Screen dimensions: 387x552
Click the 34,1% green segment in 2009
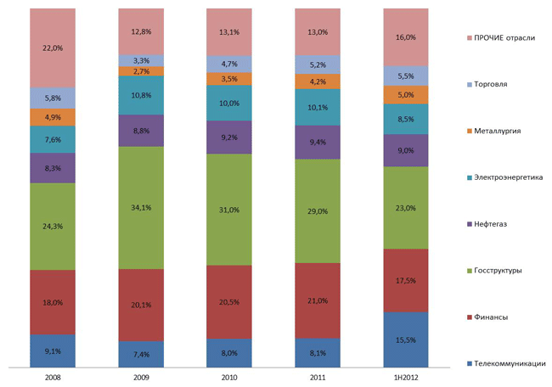[x=141, y=207]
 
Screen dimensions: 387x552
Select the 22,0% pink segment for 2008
[x=53, y=48]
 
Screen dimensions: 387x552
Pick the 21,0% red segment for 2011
[x=318, y=300]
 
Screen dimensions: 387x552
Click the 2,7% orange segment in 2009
[x=141, y=71]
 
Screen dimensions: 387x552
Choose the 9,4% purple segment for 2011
[x=318, y=143]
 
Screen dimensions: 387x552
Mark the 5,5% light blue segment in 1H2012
[x=406, y=76]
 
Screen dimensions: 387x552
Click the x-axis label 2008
[x=53, y=376]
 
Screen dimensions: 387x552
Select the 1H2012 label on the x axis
[x=406, y=376]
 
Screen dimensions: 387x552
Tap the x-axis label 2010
[x=229, y=376]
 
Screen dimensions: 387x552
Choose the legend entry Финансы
[x=493, y=317]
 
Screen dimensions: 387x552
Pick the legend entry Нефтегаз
[x=493, y=224]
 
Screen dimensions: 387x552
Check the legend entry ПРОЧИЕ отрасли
[x=504, y=37]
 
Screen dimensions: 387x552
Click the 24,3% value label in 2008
[x=53, y=227]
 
